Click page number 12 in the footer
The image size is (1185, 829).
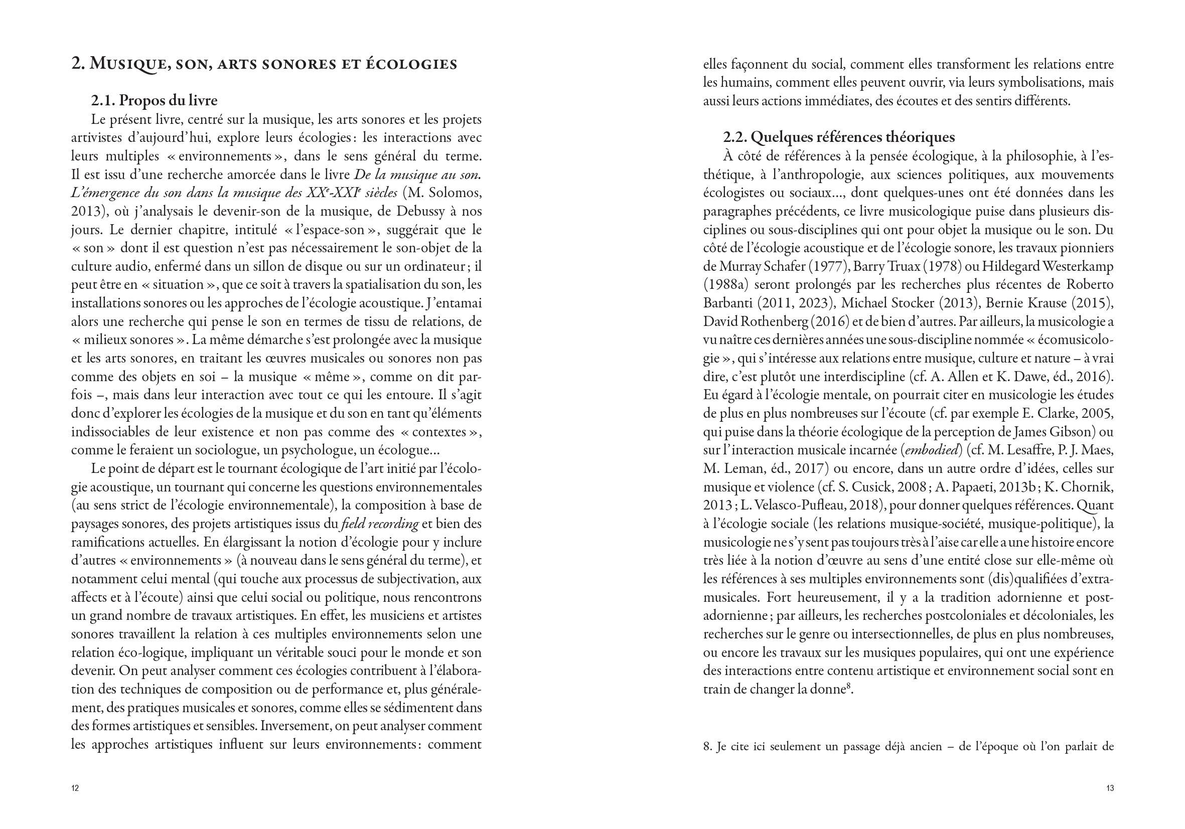75,788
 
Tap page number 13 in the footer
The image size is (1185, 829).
1110,788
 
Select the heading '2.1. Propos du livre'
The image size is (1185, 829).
154,100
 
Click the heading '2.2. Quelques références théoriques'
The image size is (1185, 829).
839,137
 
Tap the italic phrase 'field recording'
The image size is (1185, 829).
380,524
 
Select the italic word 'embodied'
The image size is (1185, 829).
931,450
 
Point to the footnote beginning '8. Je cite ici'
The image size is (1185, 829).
908,746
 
